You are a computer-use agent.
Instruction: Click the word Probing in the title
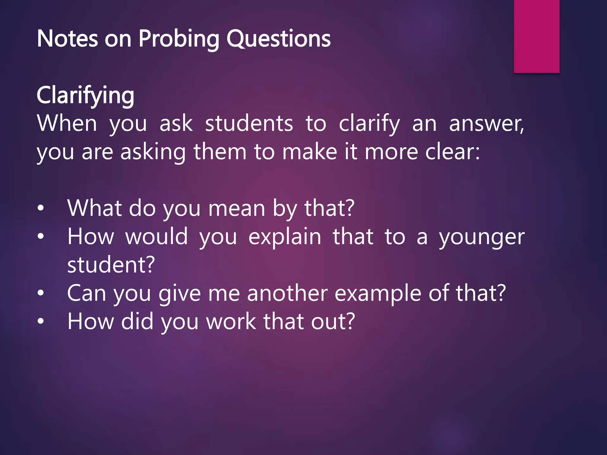[x=179, y=39]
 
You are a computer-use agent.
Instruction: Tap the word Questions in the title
[x=279, y=39]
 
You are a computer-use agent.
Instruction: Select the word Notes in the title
[x=67, y=39]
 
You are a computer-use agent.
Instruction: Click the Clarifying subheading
[x=85, y=95]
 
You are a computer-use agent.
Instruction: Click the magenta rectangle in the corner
[x=536, y=36]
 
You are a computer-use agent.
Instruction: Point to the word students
[x=249, y=124]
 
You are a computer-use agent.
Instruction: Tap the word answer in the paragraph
[x=486, y=124]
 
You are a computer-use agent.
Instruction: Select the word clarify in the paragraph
[x=369, y=124]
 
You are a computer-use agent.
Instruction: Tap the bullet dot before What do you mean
[x=41, y=209]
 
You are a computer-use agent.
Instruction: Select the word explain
[x=285, y=237]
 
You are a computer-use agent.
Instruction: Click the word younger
[x=482, y=237]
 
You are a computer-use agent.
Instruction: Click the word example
[x=378, y=293]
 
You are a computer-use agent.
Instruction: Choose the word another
[x=287, y=293]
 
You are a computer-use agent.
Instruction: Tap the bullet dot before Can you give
[x=41, y=293]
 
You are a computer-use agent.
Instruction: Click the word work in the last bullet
[x=231, y=321]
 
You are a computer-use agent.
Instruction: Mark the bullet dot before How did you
[x=41, y=321]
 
